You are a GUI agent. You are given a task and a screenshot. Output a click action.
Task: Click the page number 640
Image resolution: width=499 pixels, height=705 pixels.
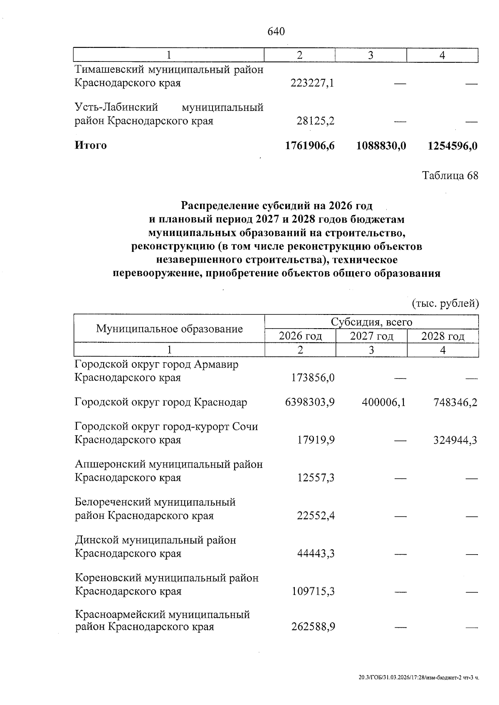(x=277, y=32)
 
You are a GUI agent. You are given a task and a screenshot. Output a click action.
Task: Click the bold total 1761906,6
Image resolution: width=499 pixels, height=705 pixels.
(x=310, y=146)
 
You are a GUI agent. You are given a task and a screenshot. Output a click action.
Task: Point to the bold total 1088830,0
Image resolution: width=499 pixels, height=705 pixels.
(x=381, y=146)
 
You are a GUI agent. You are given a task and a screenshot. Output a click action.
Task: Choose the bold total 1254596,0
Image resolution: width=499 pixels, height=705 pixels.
(x=452, y=146)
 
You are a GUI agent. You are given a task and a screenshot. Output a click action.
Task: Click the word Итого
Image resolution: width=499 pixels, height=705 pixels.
(x=91, y=145)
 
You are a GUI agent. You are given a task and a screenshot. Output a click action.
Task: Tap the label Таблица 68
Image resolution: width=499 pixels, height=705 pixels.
(x=450, y=176)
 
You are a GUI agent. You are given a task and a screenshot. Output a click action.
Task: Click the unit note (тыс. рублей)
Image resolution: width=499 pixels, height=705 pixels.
(x=445, y=304)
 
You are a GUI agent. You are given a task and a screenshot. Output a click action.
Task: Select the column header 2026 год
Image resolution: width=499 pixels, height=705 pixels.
(x=300, y=336)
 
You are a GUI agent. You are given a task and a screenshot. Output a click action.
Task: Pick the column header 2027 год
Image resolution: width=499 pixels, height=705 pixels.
(x=371, y=336)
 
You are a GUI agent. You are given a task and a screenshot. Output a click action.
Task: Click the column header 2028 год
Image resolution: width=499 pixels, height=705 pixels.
(x=443, y=336)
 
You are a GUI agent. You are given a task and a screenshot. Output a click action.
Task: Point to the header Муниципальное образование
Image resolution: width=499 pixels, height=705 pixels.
(x=169, y=329)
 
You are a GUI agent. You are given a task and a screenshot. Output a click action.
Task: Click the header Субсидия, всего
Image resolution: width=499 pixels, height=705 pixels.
(x=371, y=322)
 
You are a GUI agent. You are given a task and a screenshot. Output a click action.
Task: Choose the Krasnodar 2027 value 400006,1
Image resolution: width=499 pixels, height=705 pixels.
(x=383, y=403)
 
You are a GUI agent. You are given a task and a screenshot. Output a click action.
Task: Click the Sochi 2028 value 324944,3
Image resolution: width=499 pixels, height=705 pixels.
(x=455, y=440)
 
